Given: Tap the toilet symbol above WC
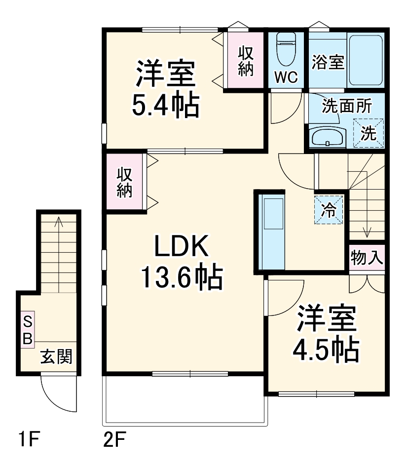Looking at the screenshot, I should [x=286, y=49].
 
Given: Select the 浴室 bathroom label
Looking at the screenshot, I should [x=328, y=63].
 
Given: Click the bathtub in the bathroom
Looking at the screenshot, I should [x=366, y=60].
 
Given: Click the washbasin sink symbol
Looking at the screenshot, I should [x=328, y=137].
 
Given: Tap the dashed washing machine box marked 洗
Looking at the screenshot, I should [x=368, y=132].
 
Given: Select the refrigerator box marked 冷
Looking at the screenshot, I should [x=328, y=210].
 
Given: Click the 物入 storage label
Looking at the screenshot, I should [x=367, y=257].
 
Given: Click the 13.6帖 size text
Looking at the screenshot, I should [x=182, y=277].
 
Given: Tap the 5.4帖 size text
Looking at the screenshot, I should [x=165, y=104].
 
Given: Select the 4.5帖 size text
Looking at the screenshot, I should [x=326, y=350].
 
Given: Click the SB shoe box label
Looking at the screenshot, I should [x=28, y=330].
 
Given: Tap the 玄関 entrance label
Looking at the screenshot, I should [x=56, y=356].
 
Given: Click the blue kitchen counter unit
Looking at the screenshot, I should [x=273, y=232].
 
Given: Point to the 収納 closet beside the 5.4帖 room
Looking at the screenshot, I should [x=245, y=61].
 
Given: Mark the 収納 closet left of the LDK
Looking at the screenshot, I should [x=125, y=183].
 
